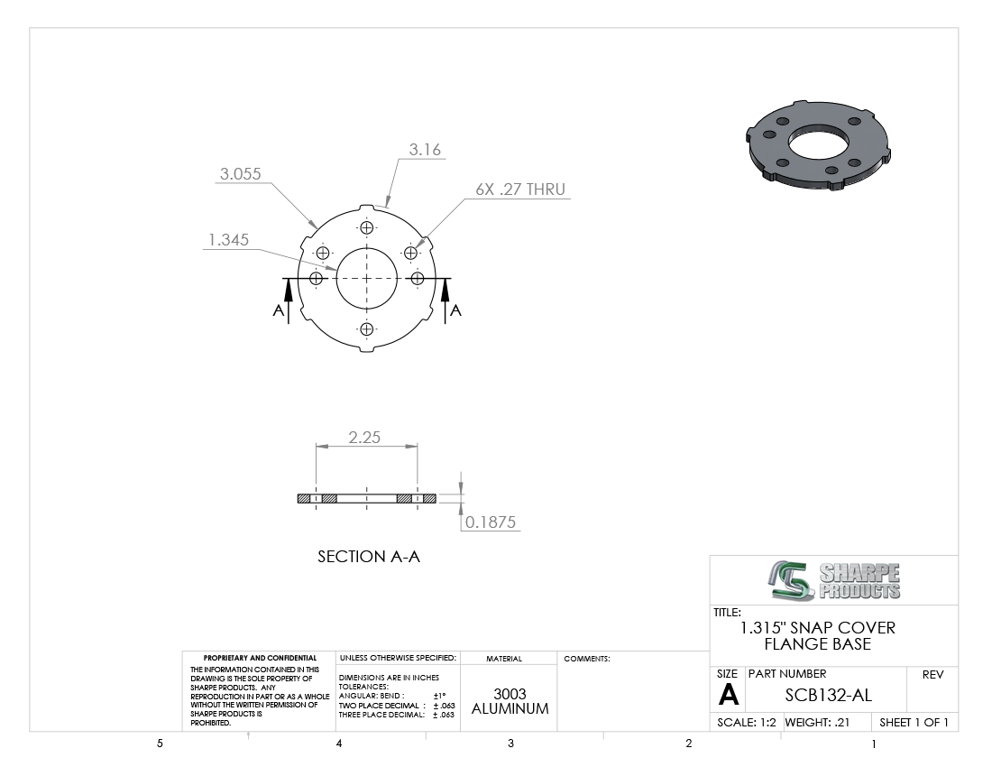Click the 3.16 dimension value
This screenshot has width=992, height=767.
pos(425,150)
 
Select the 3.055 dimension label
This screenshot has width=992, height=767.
pos(241,174)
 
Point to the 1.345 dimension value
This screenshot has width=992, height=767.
pos(228,240)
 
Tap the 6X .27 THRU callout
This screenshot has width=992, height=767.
pos(520,189)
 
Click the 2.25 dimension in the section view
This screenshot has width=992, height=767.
pos(364,438)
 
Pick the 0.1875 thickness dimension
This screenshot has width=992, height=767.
pos(491,522)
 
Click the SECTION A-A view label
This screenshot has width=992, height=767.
pos(369,556)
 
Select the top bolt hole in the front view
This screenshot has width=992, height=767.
pos(367,227)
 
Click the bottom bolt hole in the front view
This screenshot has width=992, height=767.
pos(367,328)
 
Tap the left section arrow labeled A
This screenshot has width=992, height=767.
pos(289,301)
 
